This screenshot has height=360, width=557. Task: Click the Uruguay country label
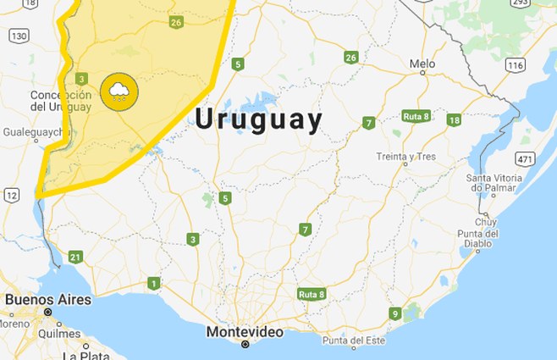[x=259, y=119]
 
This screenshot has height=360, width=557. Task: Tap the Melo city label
[x=422, y=64]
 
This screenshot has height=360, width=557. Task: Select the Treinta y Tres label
[x=405, y=157]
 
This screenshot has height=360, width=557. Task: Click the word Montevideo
[x=245, y=332]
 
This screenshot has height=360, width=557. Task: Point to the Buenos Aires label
[x=48, y=299]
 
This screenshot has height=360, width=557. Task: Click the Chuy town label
[x=485, y=221]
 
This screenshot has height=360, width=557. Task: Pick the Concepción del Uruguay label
[x=60, y=101]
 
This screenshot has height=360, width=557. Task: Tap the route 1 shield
[x=153, y=283]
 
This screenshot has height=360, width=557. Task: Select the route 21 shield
[x=75, y=257]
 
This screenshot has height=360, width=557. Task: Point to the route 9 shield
[x=394, y=314]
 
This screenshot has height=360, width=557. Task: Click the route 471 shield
[x=525, y=158]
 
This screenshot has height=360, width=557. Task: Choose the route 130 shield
[x=19, y=35]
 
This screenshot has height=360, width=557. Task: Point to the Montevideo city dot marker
[x=245, y=345]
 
